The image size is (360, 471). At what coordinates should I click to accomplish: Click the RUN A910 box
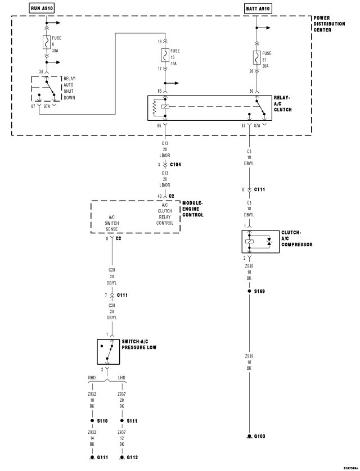point(42,8)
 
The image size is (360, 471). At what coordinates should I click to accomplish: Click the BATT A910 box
point(258,8)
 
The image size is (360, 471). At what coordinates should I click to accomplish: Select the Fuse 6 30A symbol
point(47,42)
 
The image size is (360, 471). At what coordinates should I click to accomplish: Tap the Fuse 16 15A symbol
point(165,55)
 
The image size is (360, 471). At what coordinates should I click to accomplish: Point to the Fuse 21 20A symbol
point(256,58)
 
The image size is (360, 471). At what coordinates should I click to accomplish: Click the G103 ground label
point(260,436)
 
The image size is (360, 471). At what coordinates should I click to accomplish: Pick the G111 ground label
point(102,458)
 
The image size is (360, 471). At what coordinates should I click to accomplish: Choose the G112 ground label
point(132,458)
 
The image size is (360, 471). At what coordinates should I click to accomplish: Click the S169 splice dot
point(249,291)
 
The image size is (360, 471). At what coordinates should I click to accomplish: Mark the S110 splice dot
point(92,421)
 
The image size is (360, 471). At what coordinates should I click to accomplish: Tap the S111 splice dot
point(122,421)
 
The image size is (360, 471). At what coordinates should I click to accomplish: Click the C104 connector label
point(175,165)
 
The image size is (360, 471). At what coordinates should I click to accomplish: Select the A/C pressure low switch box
point(108,352)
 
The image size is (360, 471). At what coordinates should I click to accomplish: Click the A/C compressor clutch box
point(260,242)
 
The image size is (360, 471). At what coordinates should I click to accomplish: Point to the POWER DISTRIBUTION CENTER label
point(329,24)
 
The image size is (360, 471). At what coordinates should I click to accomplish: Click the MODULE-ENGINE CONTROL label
point(193,209)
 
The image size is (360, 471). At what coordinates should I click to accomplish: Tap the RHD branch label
point(92,378)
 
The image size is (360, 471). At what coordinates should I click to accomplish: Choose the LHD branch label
point(121,378)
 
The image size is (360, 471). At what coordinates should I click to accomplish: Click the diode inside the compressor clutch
point(269,242)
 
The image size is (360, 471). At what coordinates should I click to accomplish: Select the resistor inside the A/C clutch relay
point(155,107)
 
